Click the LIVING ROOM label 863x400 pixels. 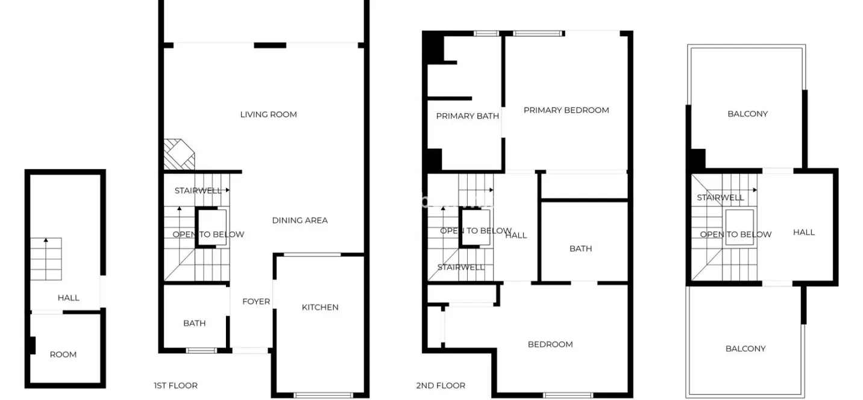tap(269, 114)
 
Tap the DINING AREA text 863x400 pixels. tap(300, 220)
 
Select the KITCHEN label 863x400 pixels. tap(320, 307)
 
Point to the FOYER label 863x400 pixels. tap(256, 301)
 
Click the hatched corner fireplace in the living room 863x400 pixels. tap(179, 154)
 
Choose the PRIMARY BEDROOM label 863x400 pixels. tap(566, 110)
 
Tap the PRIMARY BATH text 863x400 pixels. tap(467, 116)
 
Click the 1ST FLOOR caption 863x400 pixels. tap(176, 386)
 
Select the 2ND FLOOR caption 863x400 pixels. tap(441, 386)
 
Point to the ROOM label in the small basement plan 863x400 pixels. tap(63, 355)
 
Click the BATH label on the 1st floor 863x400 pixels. tap(194, 323)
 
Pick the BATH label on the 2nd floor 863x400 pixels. tap(580, 249)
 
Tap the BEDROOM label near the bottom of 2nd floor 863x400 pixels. tap(550, 344)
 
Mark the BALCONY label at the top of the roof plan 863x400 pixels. tap(747, 114)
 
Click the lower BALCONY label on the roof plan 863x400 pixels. tap(745, 349)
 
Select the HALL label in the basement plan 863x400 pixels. tap(69, 298)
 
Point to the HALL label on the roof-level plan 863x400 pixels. tap(804, 232)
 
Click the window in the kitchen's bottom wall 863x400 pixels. tap(323, 395)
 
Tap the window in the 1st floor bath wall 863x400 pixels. tap(201, 351)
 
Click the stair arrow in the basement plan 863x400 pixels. tap(46, 258)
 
